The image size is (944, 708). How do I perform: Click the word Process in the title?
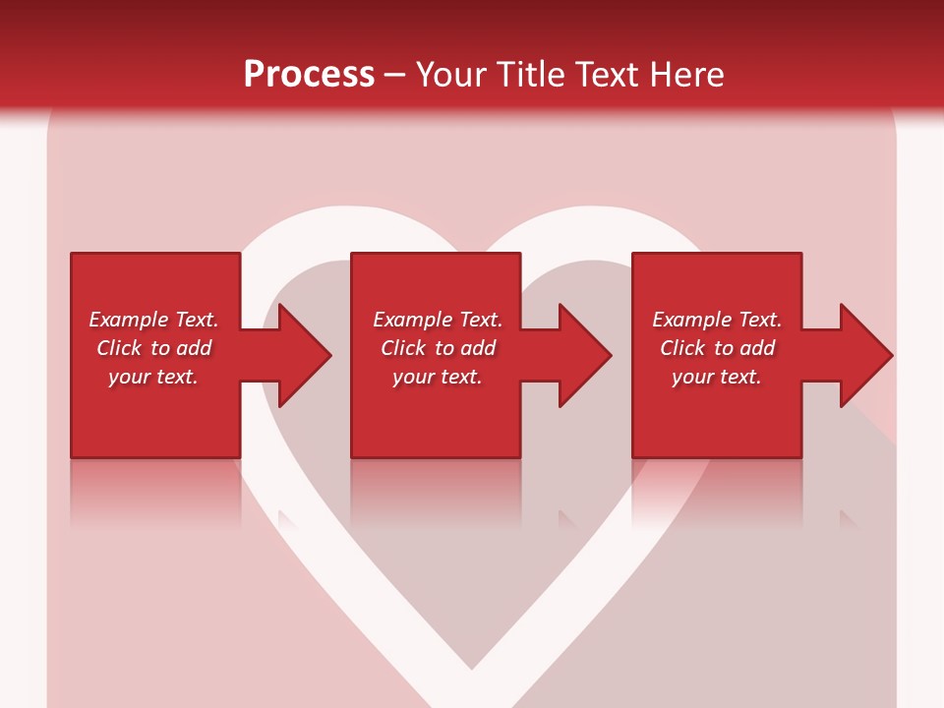(x=309, y=75)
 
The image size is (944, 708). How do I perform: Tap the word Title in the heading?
(x=530, y=75)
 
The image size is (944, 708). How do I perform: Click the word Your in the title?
(x=452, y=75)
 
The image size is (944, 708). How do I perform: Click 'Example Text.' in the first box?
(x=153, y=320)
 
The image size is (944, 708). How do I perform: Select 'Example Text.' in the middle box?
(x=438, y=320)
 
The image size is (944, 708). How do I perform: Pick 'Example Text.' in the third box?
(x=717, y=320)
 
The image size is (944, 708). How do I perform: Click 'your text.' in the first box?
(x=153, y=377)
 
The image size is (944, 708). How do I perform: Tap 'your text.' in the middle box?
(x=438, y=377)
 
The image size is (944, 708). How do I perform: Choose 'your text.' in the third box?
(x=717, y=377)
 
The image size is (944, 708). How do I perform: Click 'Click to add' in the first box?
(x=153, y=348)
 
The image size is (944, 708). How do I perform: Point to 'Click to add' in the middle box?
(x=438, y=348)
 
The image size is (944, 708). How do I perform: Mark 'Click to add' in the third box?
(x=717, y=348)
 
